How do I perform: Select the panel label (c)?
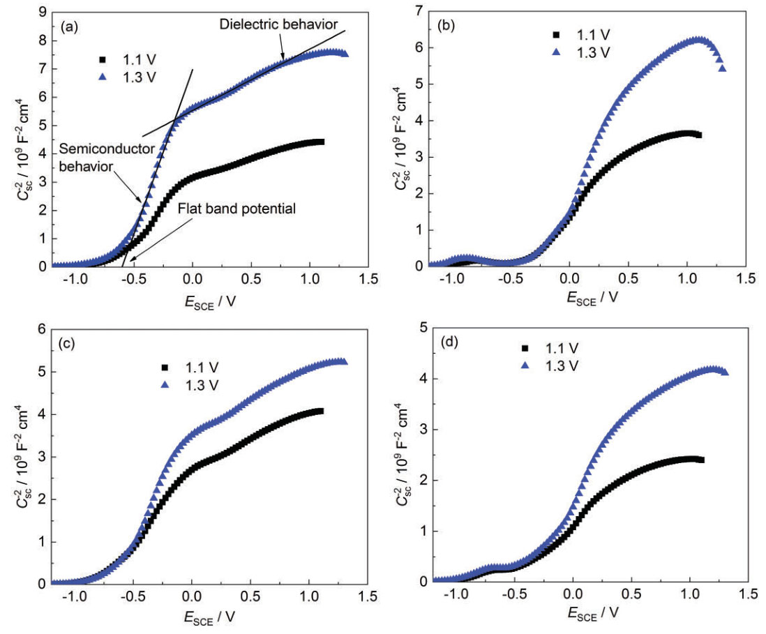click(x=69, y=343)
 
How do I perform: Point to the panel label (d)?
click(x=446, y=343)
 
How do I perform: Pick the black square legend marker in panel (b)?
click(x=556, y=34)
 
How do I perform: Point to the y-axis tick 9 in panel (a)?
click(x=43, y=12)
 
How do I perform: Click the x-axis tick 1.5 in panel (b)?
click(x=746, y=279)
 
